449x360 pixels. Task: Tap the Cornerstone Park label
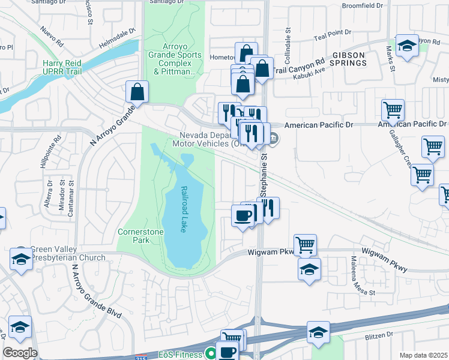[x=133, y=235]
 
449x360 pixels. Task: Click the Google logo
[x=19, y=353]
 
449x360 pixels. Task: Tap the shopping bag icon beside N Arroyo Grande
[x=137, y=92]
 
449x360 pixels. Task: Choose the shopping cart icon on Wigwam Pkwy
[x=305, y=244]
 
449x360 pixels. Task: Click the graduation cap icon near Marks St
[x=407, y=46]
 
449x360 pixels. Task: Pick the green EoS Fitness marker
[x=210, y=354]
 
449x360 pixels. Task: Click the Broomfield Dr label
[x=362, y=5]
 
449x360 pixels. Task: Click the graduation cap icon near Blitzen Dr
[x=318, y=332]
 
